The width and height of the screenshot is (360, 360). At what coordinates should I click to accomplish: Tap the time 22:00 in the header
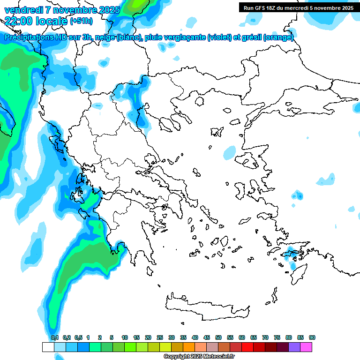tap(19, 21)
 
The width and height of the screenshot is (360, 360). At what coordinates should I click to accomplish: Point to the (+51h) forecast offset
tap(81, 21)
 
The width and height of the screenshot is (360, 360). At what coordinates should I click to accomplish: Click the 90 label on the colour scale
tap(312, 337)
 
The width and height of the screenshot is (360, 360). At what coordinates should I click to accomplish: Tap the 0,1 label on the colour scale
tap(54, 337)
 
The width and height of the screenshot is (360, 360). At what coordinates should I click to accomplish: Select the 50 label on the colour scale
tap(218, 337)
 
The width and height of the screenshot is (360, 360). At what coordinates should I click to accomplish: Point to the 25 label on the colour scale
tap(160, 337)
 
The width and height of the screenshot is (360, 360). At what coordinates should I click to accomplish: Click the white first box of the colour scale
tap(48, 347)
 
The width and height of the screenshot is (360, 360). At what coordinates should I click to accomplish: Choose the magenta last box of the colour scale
tap(306, 347)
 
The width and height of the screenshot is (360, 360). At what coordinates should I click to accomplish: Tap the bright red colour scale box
tap(247, 347)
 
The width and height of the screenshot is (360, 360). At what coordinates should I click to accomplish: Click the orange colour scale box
tap(189, 347)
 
